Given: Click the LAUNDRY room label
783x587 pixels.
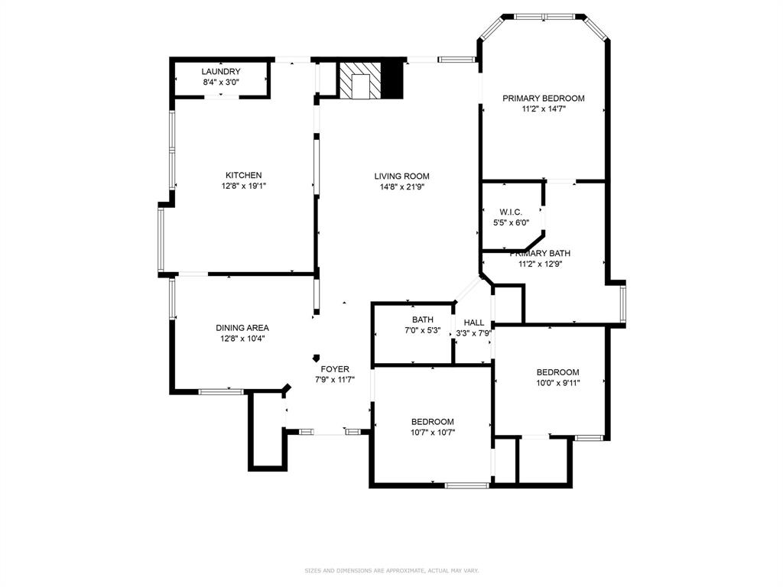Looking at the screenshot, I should click(221, 72).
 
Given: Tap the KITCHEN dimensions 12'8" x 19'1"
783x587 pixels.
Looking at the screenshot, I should click(243, 186).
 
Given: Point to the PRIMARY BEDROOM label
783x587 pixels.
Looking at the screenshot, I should click(543, 98).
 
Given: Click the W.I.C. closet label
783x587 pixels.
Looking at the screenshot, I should click(511, 212).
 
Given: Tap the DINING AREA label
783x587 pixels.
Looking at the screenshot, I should click(242, 328).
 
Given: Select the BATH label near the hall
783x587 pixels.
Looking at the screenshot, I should click(423, 320).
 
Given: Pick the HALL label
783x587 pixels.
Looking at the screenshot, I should click(473, 323).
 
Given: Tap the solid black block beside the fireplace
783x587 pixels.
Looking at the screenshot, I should click(391, 79).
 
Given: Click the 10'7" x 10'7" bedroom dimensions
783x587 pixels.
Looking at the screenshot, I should click(432, 433).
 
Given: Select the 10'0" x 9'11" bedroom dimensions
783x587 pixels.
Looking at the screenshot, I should click(557, 383).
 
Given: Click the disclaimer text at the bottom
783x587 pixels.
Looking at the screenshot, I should click(391, 570).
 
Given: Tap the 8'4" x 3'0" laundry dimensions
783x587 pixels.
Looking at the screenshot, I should click(221, 82).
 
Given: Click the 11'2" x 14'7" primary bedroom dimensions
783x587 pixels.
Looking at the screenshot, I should click(543, 109).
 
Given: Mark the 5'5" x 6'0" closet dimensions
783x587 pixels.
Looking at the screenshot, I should click(511, 222).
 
